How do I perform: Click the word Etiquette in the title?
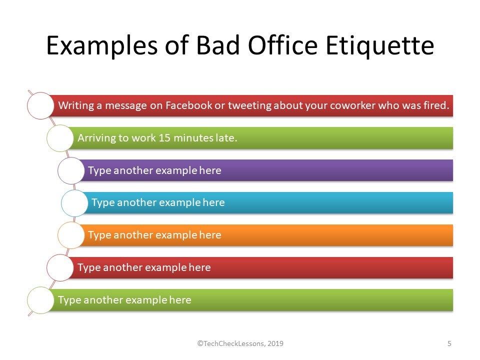(x=379, y=46)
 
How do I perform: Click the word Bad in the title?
(x=217, y=45)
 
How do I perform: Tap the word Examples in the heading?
(x=102, y=46)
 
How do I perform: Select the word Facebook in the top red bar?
(x=188, y=105)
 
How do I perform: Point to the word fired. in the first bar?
(x=436, y=105)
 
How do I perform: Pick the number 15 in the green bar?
(x=164, y=138)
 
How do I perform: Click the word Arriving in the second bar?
(x=96, y=138)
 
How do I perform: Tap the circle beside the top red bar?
(x=40, y=105)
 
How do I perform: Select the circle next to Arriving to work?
(x=60, y=138)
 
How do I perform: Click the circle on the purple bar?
(x=71, y=170)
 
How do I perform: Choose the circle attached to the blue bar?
(x=74, y=203)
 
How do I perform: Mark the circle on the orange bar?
(x=71, y=235)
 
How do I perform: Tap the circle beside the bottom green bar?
(x=40, y=300)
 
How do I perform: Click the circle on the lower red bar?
(x=60, y=268)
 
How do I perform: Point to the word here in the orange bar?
(x=210, y=235)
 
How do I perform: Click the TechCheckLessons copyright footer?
(x=240, y=343)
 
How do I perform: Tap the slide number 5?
(x=449, y=343)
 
